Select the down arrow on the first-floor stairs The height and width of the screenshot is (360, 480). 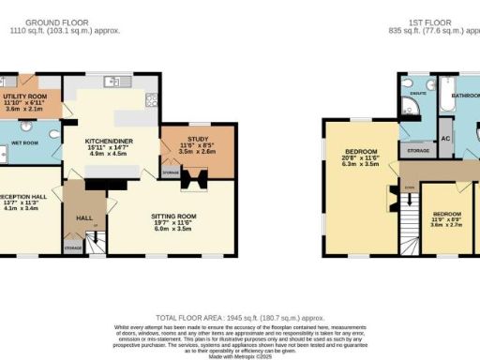coord(409,188)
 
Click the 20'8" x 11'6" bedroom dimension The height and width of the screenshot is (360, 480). coord(360,159)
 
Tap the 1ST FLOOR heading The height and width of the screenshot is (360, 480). coord(427,21)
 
